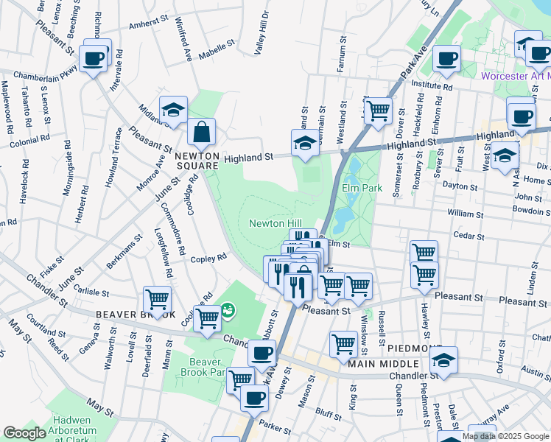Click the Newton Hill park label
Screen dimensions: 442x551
tap(275, 223)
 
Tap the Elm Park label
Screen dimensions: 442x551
tap(362, 188)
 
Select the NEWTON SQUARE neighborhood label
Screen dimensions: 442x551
tap(197, 161)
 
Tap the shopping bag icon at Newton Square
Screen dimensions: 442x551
tap(201, 133)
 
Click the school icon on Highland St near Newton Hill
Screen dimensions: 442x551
tap(305, 144)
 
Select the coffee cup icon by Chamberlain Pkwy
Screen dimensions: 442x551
tap(94, 58)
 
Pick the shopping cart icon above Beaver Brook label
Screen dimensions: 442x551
tap(158, 300)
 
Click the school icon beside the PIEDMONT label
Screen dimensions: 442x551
tap(443, 360)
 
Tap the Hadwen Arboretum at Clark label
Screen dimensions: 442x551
tap(82, 427)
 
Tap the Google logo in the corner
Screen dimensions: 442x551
tap(25, 433)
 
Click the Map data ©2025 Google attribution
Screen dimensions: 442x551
tap(505, 436)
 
